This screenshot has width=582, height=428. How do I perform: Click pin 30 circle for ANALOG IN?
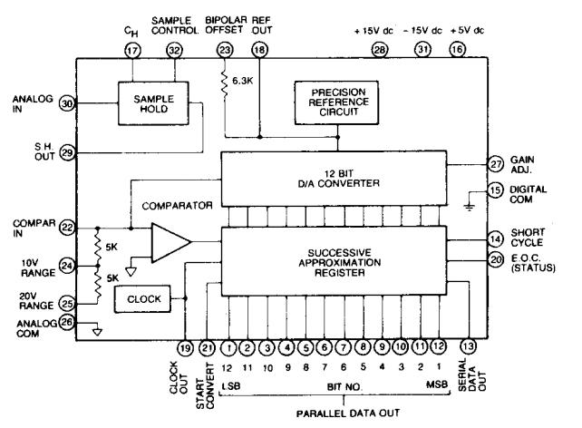click(65, 103)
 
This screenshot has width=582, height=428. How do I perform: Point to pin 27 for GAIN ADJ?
click(497, 165)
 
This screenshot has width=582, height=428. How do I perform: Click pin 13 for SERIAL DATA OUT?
click(468, 346)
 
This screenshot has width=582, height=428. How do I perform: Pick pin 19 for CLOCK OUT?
click(185, 346)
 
